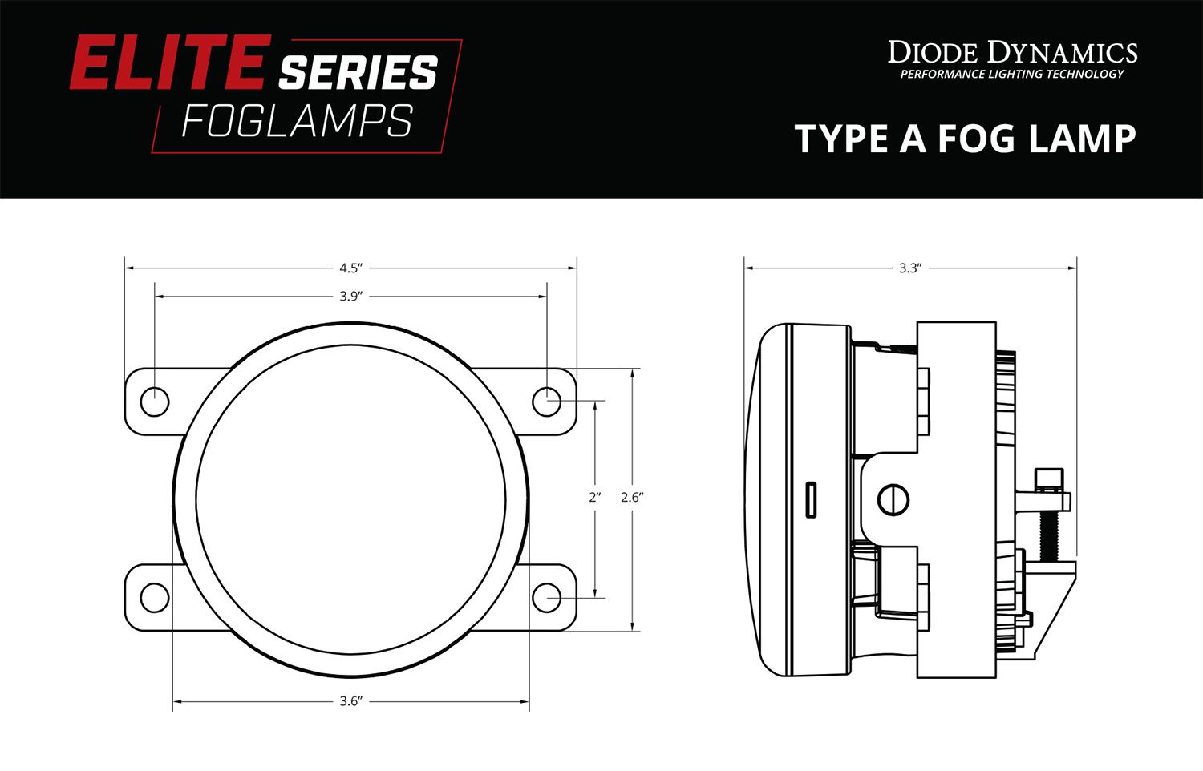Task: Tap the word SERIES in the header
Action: (358, 74)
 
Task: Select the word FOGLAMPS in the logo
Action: (297, 122)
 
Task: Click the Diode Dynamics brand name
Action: (1012, 53)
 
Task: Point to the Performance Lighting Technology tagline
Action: (1012, 75)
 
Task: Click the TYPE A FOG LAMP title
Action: (965, 139)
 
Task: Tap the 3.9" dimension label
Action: (350, 297)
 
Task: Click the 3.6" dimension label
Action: (350, 701)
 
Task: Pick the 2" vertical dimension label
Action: (594, 497)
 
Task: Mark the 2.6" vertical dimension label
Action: (632, 497)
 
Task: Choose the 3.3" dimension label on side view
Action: (909, 268)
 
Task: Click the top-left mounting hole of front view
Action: (155, 402)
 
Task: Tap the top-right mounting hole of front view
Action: (547, 402)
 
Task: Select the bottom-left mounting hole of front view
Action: (154, 597)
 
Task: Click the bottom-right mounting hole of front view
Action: (547, 597)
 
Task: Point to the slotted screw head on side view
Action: (893, 500)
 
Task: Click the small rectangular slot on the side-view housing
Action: (812, 499)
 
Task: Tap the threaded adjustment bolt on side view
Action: (1048, 529)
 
